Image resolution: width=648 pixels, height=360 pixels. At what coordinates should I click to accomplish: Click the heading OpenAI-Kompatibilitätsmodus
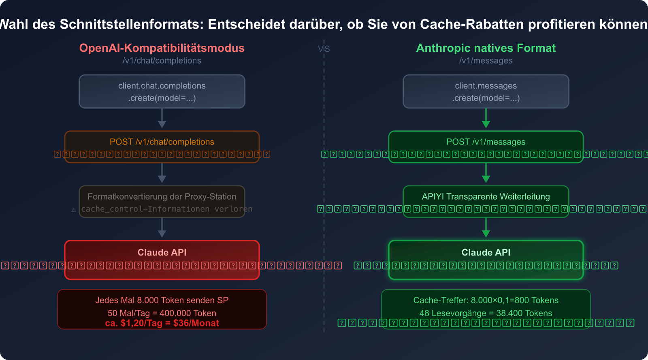coord(162,48)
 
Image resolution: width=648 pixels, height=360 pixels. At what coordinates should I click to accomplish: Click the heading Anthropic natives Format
coord(486,48)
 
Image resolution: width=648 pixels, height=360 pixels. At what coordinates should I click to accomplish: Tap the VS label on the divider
coord(324,49)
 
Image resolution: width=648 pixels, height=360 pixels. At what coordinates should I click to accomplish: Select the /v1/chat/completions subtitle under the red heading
coord(162,60)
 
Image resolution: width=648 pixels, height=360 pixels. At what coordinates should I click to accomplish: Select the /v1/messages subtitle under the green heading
coord(486,60)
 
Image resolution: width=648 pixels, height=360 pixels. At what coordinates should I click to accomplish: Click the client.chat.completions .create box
coord(162,92)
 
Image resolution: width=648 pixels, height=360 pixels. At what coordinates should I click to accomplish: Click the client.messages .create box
coord(486,92)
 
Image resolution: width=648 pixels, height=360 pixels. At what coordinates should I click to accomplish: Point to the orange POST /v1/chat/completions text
coord(162,142)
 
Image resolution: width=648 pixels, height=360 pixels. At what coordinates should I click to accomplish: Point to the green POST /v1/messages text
coord(486,142)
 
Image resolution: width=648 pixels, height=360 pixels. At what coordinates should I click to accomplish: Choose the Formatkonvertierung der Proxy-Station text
coord(162,196)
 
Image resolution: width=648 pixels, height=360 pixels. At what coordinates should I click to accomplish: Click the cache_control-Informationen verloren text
coord(166,209)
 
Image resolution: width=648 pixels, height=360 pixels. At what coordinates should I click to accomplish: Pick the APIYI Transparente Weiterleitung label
coord(486,196)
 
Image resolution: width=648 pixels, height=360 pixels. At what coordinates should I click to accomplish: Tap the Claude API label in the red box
coord(162,252)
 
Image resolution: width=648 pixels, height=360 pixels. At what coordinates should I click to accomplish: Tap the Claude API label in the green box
coord(486,252)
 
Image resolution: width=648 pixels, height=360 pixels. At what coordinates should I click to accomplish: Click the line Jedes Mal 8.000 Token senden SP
coord(162,300)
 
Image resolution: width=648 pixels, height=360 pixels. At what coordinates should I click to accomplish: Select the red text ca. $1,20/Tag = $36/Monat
coord(162,323)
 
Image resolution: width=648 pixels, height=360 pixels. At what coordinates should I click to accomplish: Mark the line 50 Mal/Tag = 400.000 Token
coord(162,313)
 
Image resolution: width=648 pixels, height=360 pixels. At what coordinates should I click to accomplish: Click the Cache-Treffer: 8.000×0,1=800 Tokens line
coord(486,300)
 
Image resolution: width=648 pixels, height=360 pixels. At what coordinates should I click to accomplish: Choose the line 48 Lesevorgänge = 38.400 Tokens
coord(486,313)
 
